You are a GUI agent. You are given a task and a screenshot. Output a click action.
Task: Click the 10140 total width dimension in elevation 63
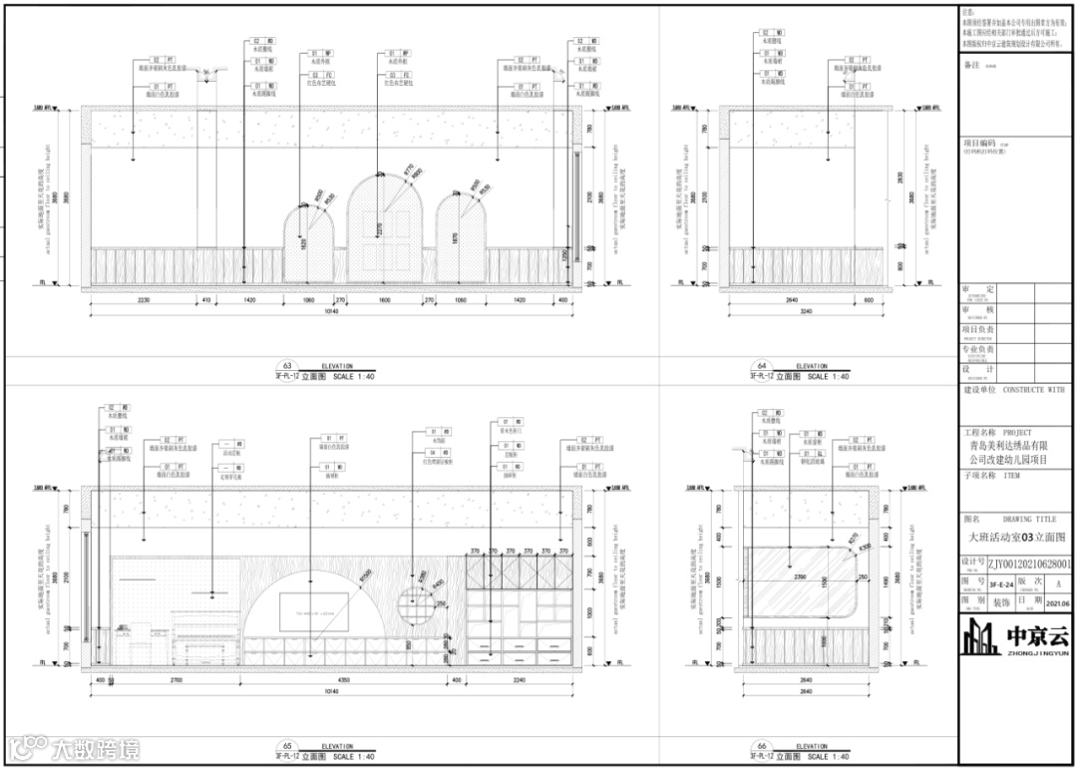[331, 310]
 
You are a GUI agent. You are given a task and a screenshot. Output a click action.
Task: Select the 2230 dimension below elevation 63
[144, 298]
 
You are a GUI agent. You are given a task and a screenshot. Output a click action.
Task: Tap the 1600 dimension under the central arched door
[384, 298]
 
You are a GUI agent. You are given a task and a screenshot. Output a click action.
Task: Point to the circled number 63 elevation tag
[287, 367]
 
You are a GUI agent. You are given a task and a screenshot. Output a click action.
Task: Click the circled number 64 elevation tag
[763, 367]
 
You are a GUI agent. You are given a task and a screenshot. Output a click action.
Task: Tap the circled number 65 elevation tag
[287, 746]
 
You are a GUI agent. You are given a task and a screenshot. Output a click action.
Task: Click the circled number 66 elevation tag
[763, 746]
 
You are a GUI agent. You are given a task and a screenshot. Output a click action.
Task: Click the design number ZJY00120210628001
[1029, 564]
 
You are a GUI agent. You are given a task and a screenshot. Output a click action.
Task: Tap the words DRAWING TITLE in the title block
[1029, 520]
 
